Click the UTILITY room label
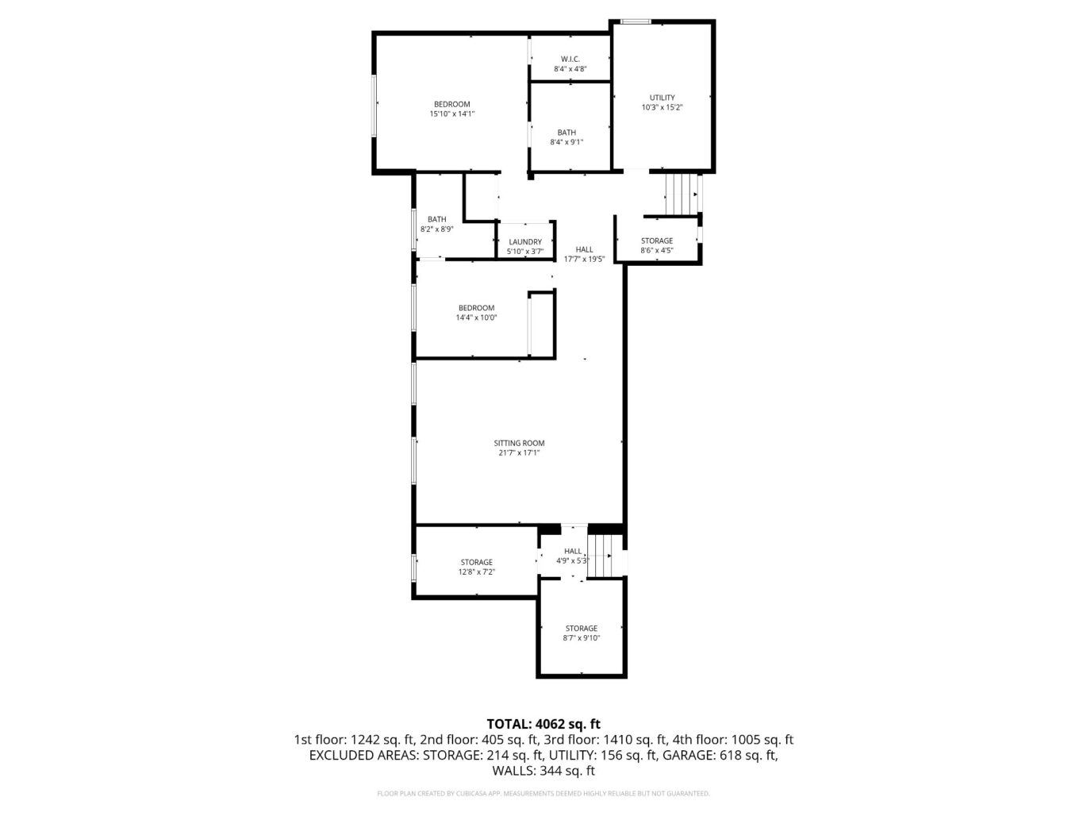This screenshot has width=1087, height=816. click(x=662, y=98)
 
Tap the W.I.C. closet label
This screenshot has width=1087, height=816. click(x=570, y=59)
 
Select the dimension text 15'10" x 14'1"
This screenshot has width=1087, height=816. click(x=451, y=114)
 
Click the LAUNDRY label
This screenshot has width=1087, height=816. click(x=525, y=242)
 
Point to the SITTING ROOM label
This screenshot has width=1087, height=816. click(x=519, y=443)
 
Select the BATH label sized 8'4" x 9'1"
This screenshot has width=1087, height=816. click(x=567, y=133)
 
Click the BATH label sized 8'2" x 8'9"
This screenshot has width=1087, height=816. click(x=436, y=219)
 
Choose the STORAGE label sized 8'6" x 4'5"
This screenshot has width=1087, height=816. click(x=656, y=241)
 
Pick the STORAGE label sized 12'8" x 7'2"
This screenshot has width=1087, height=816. click(x=476, y=562)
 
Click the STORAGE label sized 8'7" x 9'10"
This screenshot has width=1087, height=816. click(x=581, y=628)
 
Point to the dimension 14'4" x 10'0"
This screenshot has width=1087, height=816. click(x=476, y=318)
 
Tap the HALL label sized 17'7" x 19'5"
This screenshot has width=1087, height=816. click(x=584, y=249)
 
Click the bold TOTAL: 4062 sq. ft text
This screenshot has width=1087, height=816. click(x=543, y=723)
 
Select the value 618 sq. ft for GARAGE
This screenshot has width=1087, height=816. click(x=749, y=755)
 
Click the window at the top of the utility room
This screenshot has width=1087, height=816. click(x=636, y=21)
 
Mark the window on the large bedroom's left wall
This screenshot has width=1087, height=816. click(x=374, y=104)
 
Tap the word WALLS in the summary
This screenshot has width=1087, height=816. click(x=513, y=771)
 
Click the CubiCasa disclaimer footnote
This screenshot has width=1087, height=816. click(x=543, y=793)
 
